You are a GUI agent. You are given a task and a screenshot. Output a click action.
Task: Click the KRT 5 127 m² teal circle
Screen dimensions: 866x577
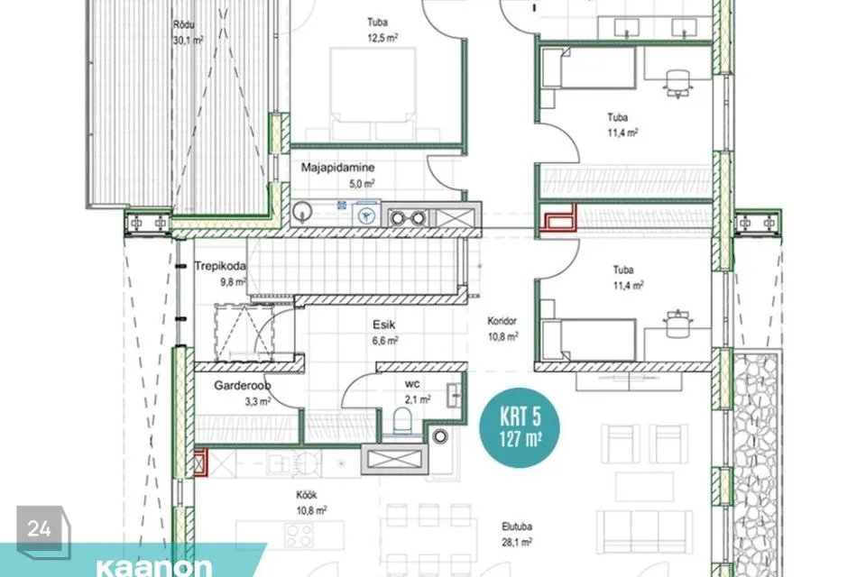[520, 427]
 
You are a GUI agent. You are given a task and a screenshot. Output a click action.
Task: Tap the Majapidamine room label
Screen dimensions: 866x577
[337, 168]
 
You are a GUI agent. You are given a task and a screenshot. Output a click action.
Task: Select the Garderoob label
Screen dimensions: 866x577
[243, 385]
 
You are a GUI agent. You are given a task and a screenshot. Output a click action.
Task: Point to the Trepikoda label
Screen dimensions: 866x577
[220, 266]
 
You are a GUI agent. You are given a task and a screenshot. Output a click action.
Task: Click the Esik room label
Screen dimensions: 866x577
[384, 325]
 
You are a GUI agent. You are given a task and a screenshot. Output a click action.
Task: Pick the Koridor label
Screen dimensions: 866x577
[502, 321]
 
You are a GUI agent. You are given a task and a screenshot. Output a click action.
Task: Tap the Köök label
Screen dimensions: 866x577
[307, 495]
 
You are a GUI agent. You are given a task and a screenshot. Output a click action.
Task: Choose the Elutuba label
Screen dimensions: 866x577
[517, 527]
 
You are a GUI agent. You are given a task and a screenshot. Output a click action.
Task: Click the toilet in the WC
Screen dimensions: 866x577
[402, 421]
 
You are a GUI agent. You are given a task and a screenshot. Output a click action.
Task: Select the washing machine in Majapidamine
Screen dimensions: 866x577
[366, 215]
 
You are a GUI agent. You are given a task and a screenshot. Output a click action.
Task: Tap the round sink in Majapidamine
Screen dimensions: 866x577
[302, 212]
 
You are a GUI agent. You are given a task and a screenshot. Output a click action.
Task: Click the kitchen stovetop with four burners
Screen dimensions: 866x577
[299, 534]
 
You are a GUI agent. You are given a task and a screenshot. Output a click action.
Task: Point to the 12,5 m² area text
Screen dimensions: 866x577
[382, 38]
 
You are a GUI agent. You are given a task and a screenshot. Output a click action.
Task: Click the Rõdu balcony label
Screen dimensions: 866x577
[184, 25]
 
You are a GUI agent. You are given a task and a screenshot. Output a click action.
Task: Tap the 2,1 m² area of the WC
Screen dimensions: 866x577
[418, 399]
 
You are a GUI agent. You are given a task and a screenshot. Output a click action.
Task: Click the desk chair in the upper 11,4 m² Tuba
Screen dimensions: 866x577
[677, 84]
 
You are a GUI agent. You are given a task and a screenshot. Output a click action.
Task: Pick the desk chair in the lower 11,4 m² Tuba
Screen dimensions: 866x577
[677, 323]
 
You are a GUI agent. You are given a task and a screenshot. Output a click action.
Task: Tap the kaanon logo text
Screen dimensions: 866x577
[154, 567]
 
